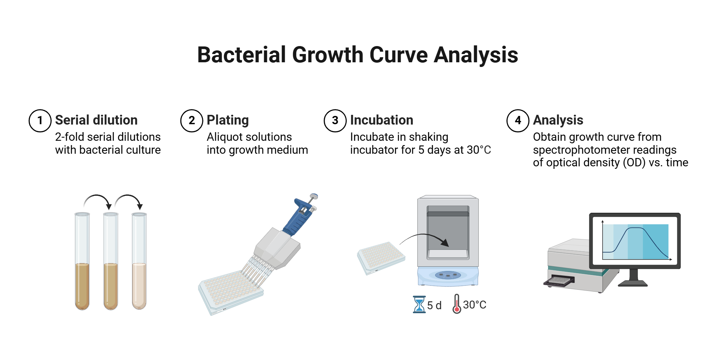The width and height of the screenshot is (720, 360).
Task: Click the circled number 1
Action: pos(40,121)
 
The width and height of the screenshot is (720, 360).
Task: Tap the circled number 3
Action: pos(335,121)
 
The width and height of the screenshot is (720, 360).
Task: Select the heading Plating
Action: pos(228,120)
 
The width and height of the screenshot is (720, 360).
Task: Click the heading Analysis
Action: pos(558,120)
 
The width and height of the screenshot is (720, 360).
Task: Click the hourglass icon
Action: pos(419,305)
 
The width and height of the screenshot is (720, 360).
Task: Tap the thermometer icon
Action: pos(456,304)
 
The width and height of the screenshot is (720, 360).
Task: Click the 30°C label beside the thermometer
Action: pos(474,305)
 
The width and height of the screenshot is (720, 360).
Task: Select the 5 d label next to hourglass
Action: pos(434,306)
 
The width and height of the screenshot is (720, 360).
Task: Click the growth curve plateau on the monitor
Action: pos(635,228)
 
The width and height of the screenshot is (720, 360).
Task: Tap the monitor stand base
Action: pos(633,283)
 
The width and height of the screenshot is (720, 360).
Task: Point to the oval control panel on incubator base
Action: pos(448,275)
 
